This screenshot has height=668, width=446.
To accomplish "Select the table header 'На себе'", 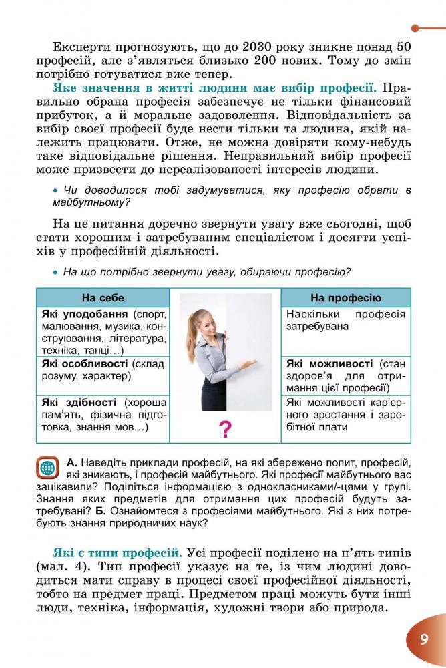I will [102, 297].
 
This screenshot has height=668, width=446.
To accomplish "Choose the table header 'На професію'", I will [346, 297].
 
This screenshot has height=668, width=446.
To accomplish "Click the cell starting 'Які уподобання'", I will [102, 331].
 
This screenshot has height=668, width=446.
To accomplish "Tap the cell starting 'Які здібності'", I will [102, 414].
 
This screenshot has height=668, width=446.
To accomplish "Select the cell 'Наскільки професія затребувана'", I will [346, 321].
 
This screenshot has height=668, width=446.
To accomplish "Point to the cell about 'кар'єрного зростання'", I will [346, 414].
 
